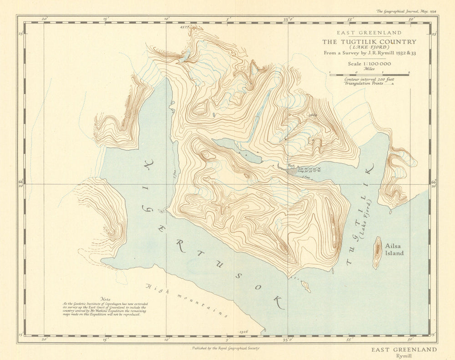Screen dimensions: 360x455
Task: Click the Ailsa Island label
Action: (x=394, y=249)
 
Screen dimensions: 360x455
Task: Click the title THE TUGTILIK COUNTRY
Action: (x=369, y=42)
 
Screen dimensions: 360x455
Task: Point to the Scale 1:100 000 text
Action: (x=369, y=65)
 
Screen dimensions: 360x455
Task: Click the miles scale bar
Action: (x=369, y=74)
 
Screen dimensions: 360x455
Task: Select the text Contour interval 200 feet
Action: (x=369, y=79)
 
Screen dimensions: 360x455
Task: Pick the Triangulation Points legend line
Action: (x=369, y=84)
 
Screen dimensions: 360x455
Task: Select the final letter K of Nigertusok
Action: (x=278, y=302)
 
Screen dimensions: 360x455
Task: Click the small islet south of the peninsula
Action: (x=306, y=286)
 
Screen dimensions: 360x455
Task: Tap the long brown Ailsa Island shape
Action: (x=377, y=253)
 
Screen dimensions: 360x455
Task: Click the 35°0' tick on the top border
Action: (x=288, y=20)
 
